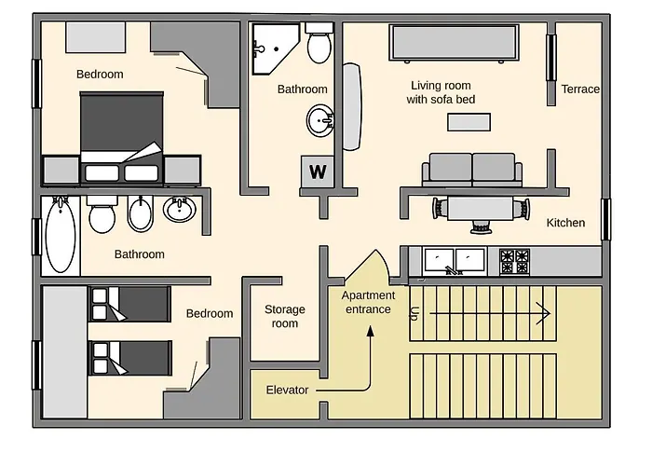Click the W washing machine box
[x=318, y=171]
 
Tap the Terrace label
[x=580, y=89]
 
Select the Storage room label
[x=285, y=316]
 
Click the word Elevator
[x=287, y=390]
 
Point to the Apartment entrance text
[x=368, y=303]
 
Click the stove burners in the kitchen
[x=515, y=261]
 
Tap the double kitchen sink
[x=455, y=261]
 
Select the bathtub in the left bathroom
[x=61, y=235]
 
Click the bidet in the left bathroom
[x=140, y=213]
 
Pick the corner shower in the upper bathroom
[x=275, y=48]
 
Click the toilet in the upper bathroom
[x=319, y=43]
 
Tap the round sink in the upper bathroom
[x=320, y=120]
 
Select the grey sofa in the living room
[x=472, y=170]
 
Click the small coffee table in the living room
[x=469, y=122]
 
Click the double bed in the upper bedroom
[x=121, y=138]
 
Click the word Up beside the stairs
[x=414, y=313]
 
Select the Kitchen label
[x=565, y=223]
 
